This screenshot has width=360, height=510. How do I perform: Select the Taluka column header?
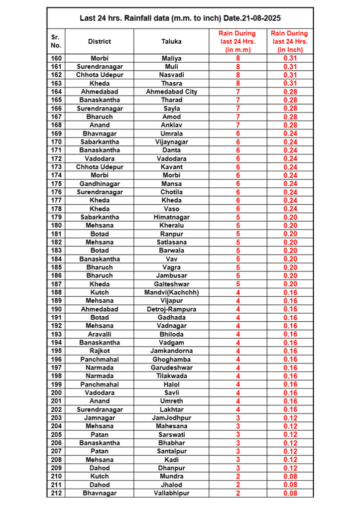click(171, 41)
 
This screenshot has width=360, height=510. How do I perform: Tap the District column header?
click(99, 41)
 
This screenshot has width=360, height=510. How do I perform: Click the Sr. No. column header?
click(56, 41)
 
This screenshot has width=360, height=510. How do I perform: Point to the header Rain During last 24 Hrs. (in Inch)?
click(290, 41)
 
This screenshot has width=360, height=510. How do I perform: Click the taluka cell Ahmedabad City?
click(171, 92)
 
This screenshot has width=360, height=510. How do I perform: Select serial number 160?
click(56, 58)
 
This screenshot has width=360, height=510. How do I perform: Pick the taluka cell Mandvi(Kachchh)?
click(171, 292)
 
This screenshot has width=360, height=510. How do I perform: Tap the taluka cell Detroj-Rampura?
click(171, 309)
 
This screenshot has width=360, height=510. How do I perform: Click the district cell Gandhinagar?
click(99, 184)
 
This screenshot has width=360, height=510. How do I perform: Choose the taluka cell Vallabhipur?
click(171, 493)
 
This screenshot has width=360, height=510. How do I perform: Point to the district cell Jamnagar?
click(99, 418)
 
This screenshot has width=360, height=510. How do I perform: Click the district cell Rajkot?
click(99, 351)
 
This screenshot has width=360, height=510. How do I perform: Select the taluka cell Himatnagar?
click(171, 217)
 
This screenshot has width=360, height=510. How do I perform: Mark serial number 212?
click(56, 493)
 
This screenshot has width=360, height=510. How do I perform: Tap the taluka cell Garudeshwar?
click(171, 368)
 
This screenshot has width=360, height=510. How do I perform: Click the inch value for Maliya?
click(290, 58)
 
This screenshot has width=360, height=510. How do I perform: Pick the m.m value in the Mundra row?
click(238, 476)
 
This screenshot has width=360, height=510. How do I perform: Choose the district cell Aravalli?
click(99, 334)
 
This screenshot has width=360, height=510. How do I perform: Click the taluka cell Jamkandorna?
click(171, 351)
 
